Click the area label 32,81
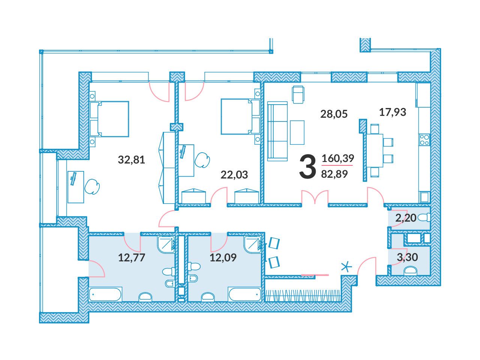pyautogui.click(x=131, y=160)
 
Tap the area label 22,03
pyautogui.click(x=234, y=175)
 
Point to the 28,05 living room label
pyautogui.click(x=334, y=114)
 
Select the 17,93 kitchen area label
pyautogui.click(x=393, y=112)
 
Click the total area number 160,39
pyautogui.click(x=338, y=158)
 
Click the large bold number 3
pyautogui.click(x=307, y=167)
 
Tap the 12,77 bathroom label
pyautogui.click(x=132, y=258)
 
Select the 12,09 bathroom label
pyautogui.click(x=223, y=258)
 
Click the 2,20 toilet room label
pyautogui.click(x=406, y=218)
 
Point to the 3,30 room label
pyautogui.click(x=407, y=257)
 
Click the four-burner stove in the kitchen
pyautogui.click(x=424, y=140)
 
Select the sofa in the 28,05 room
pyautogui.click(x=277, y=131)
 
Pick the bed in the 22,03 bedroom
pyautogui.click(x=240, y=116)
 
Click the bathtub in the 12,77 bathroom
pyautogui.click(x=105, y=294)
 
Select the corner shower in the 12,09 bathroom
pyautogui.click(x=253, y=245)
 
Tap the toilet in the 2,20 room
pyautogui.click(x=424, y=218)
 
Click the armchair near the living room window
pyautogui.click(x=298, y=94)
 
